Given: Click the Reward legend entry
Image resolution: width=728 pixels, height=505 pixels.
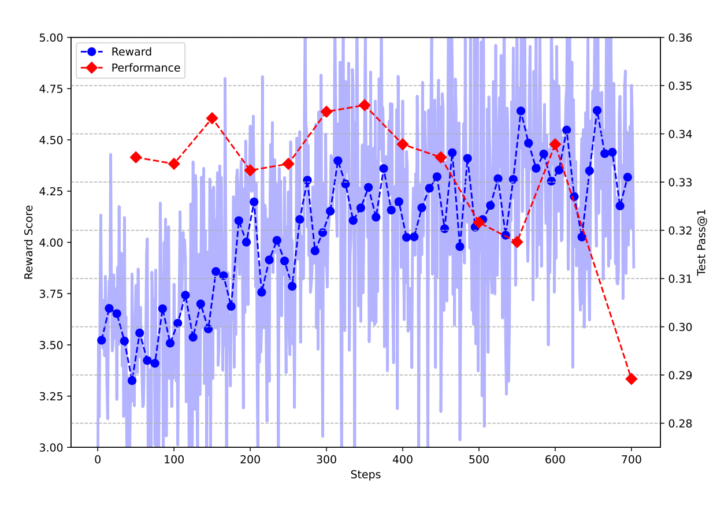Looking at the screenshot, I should click(131, 52).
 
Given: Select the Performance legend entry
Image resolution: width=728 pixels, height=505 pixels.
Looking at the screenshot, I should click(146, 68).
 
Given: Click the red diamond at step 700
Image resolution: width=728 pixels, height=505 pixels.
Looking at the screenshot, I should click(631, 379).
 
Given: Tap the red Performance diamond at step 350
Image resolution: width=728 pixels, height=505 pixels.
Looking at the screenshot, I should click(364, 105).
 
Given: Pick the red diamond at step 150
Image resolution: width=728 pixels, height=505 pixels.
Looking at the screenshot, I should click(212, 118).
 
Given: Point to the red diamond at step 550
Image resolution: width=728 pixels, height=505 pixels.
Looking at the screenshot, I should click(517, 242).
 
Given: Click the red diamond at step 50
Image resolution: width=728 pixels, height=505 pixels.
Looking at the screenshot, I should click(136, 157).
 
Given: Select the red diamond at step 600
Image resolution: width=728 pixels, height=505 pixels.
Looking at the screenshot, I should click(555, 144).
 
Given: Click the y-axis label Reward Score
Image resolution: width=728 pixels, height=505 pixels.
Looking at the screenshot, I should click(29, 242).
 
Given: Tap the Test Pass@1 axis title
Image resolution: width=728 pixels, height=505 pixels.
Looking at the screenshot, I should click(703, 242).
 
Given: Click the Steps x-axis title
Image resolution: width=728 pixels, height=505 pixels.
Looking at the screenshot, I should click(365, 475).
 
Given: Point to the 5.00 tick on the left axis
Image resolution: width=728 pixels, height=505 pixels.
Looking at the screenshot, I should click(53, 38).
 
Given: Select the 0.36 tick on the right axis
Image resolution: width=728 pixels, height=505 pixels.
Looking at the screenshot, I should click(680, 38).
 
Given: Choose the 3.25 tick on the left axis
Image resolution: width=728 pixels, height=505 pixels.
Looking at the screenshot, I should click(53, 396).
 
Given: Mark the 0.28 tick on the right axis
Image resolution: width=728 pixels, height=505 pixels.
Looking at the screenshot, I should click(680, 424).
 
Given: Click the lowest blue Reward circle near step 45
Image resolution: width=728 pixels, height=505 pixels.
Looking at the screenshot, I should click(132, 380).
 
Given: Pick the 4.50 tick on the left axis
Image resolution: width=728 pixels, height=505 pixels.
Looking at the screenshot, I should click(53, 140).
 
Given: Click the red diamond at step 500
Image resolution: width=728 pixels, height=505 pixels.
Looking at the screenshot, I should click(479, 222).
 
